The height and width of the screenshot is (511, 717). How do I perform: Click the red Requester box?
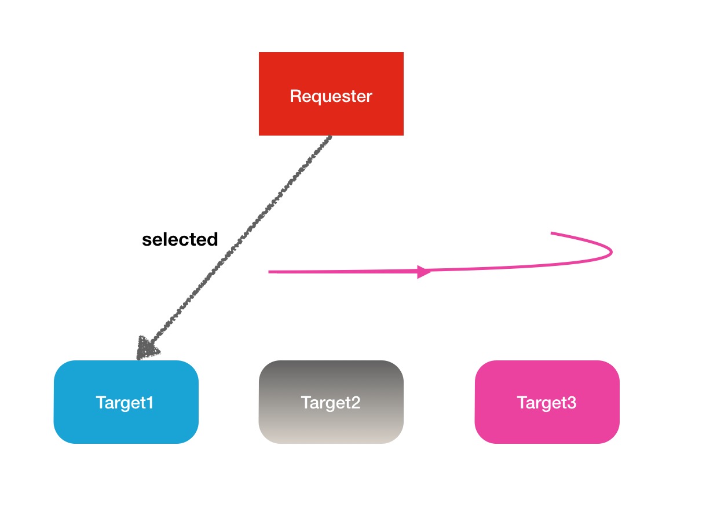click(x=331, y=94)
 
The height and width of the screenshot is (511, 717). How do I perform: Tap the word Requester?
click(x=331, y=96)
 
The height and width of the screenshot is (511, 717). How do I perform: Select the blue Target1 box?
click(x=126, y=402)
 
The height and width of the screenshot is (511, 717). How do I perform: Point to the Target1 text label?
click(x=125, y=403)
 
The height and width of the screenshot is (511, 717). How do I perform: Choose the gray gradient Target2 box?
click(x=331, y=402)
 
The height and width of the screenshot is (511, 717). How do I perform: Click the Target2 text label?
click(x=331, y=403)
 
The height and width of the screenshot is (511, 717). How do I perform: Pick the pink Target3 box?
click(x=547, y=402)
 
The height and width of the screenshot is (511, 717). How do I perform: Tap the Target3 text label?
click(x=547, y=403)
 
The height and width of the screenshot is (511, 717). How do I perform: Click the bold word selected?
click(x=180, y=239)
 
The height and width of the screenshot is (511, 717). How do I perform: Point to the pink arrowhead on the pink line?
click(x=424, y=272)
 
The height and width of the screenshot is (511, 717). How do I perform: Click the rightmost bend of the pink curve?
click(x=612, y=252)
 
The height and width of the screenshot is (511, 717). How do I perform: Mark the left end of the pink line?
click(x=269, y=272)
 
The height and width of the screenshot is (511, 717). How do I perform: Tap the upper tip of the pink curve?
click(x=551, y=233)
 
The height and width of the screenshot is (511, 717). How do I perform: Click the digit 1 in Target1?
click(x=150, y=402)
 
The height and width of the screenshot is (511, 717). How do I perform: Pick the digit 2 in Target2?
click(x=356, y=402)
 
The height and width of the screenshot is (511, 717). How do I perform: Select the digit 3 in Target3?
click(x=572, y=402)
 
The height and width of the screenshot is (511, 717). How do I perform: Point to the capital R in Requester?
click(x=296, y=96)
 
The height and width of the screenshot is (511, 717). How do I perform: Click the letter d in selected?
click(x=212, y=239)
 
